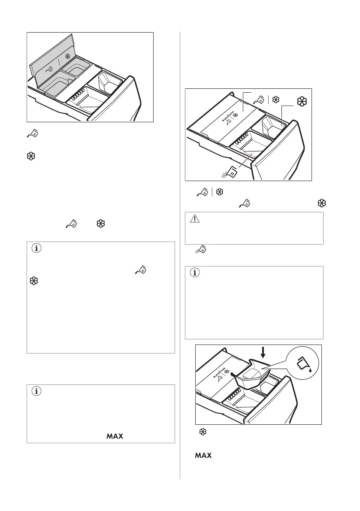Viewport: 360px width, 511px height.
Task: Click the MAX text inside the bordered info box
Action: pyautogui.click(x=113, y=436)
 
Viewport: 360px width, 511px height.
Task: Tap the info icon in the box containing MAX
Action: pyautogui.click(x=36, y=391)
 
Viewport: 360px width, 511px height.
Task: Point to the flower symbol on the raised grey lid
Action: pyautogui.click(x=67, y=56)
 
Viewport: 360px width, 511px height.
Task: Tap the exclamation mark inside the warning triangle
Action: pyautogui.click(x=194, y=219)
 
